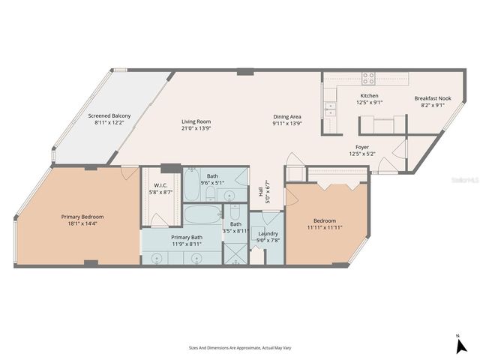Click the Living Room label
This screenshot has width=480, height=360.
click(x=196, y=121)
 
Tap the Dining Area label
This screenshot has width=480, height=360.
click(x=286, y=116)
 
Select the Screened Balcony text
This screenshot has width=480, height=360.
click(x=109, y=115)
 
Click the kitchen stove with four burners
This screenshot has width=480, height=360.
click(x=369, y=76)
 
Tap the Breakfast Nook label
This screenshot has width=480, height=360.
click(x=433, y=98)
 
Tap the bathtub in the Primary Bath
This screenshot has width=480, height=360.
click(x=201, y=216)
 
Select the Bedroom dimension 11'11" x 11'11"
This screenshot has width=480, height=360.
click(x=325, y=227)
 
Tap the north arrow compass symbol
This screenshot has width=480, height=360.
click(x=461, y=345)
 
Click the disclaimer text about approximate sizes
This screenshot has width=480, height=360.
click(x=239, y=348)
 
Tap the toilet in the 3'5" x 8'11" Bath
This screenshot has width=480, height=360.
click(x=234, y=212)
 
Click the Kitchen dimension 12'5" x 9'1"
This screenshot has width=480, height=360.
click(x=369, y=103)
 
